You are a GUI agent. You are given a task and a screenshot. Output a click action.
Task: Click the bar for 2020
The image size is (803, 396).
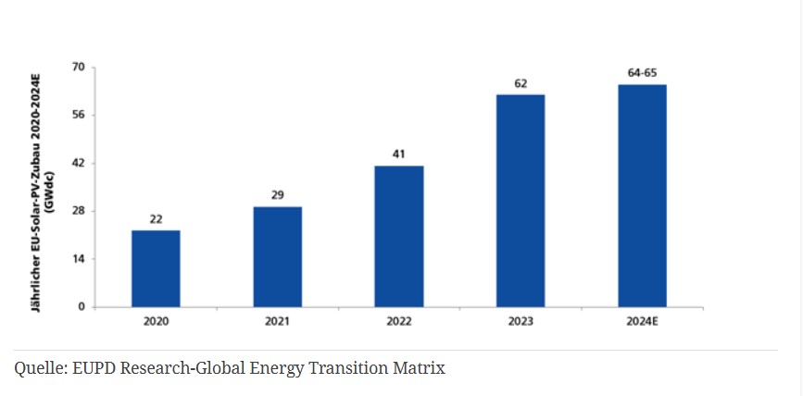pos(156,268)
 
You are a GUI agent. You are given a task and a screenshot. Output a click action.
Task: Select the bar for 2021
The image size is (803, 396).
pos(277,256)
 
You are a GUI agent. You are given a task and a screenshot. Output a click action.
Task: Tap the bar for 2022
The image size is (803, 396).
pos(399,236)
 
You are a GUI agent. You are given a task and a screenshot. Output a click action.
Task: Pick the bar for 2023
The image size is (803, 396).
pos(521,200)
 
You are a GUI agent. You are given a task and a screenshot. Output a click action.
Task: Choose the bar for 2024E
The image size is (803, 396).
pos(642,195)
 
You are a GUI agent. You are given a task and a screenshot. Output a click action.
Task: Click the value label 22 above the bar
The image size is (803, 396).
pos(156,219)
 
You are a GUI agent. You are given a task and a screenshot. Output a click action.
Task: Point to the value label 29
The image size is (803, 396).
pos(277,195)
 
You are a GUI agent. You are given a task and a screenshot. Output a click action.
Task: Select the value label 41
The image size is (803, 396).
pos(399,155)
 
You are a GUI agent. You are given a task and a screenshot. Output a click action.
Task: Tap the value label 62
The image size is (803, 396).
pos(521,83)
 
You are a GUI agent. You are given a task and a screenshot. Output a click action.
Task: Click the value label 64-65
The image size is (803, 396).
pos(642,73)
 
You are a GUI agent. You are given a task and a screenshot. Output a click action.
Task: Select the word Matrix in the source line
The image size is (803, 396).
pos(420,368)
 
